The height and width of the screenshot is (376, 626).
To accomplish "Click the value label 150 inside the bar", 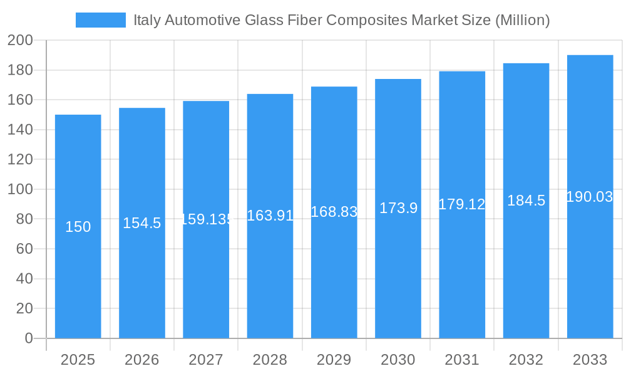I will [78, 227].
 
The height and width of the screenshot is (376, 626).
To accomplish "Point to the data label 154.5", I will [142, 223].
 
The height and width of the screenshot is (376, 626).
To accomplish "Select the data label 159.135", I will [206, 219].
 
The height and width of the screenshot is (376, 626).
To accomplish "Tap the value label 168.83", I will [334, 212].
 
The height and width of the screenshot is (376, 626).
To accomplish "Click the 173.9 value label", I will [398, 208].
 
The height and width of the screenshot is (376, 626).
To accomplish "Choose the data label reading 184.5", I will [526, 201].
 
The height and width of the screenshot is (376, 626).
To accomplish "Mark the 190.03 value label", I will [590, 197].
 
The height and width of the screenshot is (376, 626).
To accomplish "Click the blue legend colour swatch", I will [100, 20].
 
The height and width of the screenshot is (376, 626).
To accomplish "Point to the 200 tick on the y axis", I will [20, 41].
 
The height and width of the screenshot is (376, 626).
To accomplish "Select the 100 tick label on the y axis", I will [20, 189].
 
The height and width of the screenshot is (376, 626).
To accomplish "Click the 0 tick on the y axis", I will [28, 338].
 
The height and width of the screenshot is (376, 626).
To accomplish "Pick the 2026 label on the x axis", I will [142, 360].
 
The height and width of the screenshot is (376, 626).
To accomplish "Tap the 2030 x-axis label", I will [398, 360].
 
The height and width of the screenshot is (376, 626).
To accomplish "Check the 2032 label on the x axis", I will [526, 360].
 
